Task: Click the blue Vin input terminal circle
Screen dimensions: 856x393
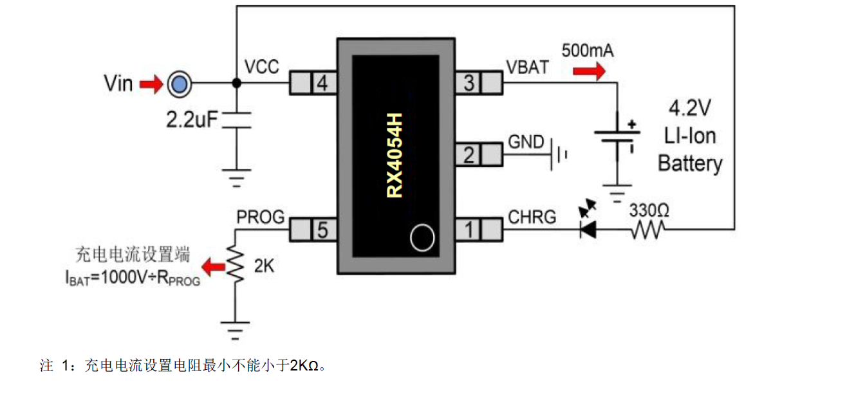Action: (x=179, y=84)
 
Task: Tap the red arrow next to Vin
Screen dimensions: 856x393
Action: (x=151, y=84)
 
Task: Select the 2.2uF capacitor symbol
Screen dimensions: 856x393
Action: (x=237, y=120)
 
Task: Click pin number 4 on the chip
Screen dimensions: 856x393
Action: (x=322, y=83)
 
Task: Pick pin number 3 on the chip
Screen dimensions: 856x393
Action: (x=469, y=83)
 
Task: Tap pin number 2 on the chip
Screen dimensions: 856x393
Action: (x=469, y=154)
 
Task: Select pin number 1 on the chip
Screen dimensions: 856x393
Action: (x=469, y=230)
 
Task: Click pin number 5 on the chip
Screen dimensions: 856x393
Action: (x=322, y=230)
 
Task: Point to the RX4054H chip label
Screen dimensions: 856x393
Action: (x=395, y=156)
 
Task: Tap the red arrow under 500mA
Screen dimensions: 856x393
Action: (x=590, y=71)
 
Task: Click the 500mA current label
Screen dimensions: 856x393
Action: (x=588, y=51)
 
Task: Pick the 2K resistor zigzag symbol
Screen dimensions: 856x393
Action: (x=235, y=264)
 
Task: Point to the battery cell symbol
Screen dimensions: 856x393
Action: (x=617, y=137)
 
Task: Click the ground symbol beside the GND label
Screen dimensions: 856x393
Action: (x=559, y=154)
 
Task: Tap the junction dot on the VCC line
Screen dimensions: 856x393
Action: (x=237, y=82)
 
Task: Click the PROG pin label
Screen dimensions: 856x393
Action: (x=261, y=217)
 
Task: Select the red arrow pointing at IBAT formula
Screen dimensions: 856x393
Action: (x=213, y=266)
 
